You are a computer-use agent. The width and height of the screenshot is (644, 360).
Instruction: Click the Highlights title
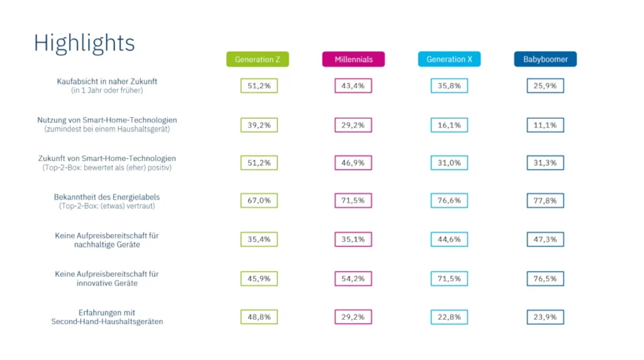84,43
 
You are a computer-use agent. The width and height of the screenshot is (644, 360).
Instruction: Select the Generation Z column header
258,59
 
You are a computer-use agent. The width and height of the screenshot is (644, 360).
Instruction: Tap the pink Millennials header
353,59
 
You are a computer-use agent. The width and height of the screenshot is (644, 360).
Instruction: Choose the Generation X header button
449,59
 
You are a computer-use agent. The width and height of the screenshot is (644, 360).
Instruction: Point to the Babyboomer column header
545,59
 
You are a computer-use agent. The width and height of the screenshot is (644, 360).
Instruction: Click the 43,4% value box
353,86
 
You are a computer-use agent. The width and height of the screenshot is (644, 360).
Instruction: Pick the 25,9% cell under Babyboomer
545,86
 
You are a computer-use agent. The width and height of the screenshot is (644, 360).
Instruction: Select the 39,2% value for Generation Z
259,125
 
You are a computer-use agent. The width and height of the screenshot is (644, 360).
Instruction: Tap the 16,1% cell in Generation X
449,125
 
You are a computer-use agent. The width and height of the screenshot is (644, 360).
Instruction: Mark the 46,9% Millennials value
353,163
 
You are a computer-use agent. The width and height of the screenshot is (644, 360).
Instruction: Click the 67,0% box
259,201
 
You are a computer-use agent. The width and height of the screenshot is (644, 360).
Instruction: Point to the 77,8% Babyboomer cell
545,201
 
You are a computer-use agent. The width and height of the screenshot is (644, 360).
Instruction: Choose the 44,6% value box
449,239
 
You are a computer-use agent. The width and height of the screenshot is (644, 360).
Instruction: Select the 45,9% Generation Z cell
259,278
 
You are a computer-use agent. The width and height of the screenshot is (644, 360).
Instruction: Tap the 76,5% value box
545,278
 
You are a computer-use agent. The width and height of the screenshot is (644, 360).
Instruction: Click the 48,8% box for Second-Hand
259,317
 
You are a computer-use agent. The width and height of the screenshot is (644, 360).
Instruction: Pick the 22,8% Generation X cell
449,317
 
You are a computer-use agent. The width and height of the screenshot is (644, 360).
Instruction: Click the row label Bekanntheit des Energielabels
107,197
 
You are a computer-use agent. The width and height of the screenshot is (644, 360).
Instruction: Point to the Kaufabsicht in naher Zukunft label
107,81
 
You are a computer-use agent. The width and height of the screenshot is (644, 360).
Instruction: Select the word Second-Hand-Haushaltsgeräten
107,322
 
